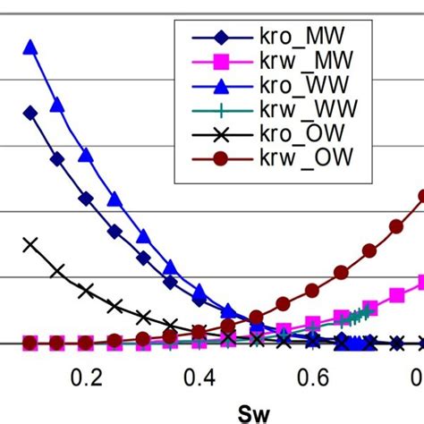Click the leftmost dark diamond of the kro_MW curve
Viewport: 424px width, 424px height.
(x=30, y=113)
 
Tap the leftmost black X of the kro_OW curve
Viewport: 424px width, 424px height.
(x=30, y=243)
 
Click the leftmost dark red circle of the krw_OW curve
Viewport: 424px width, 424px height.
(x=30, y=343)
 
